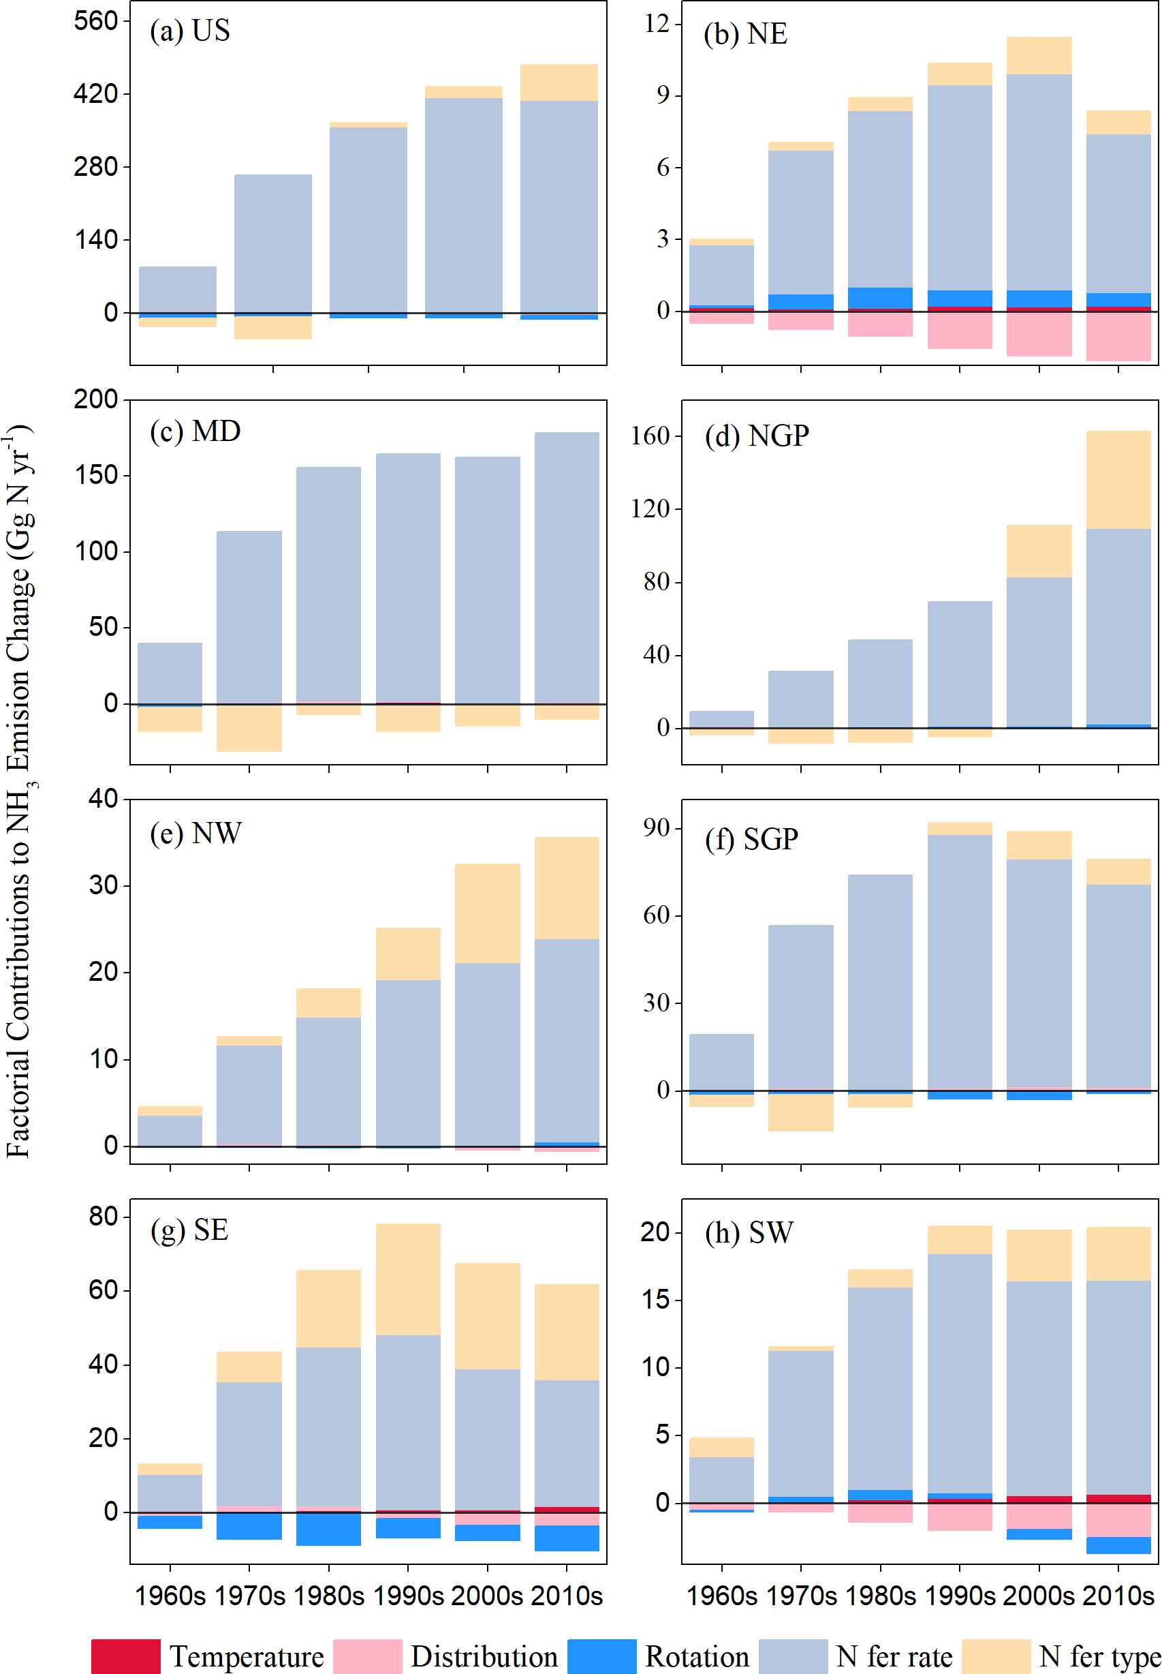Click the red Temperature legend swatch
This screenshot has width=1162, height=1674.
[125, 1656]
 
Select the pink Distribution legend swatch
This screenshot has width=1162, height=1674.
[367, 1656]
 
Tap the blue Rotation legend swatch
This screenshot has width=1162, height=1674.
[601, 1656]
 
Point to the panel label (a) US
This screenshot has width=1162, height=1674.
[190, 31]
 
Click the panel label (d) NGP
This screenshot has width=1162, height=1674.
[757, 436]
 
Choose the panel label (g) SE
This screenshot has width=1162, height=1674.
[189, 1230]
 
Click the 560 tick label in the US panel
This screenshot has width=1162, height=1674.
[96, 21]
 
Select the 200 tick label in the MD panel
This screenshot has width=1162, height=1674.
[96, 399]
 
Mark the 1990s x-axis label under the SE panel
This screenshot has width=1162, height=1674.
[408, 1596]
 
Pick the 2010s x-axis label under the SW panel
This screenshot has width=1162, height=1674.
[1118, 1596]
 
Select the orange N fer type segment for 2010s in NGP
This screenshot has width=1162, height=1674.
[1118, 479]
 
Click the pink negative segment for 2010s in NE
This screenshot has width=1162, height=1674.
[1118, 337]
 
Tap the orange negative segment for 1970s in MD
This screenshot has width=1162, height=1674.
[249, 728]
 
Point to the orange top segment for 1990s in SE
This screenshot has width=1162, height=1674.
[408, 1279]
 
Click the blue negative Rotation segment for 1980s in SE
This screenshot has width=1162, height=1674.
[328, 1528]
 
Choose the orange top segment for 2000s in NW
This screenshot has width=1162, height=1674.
[487, 913]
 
